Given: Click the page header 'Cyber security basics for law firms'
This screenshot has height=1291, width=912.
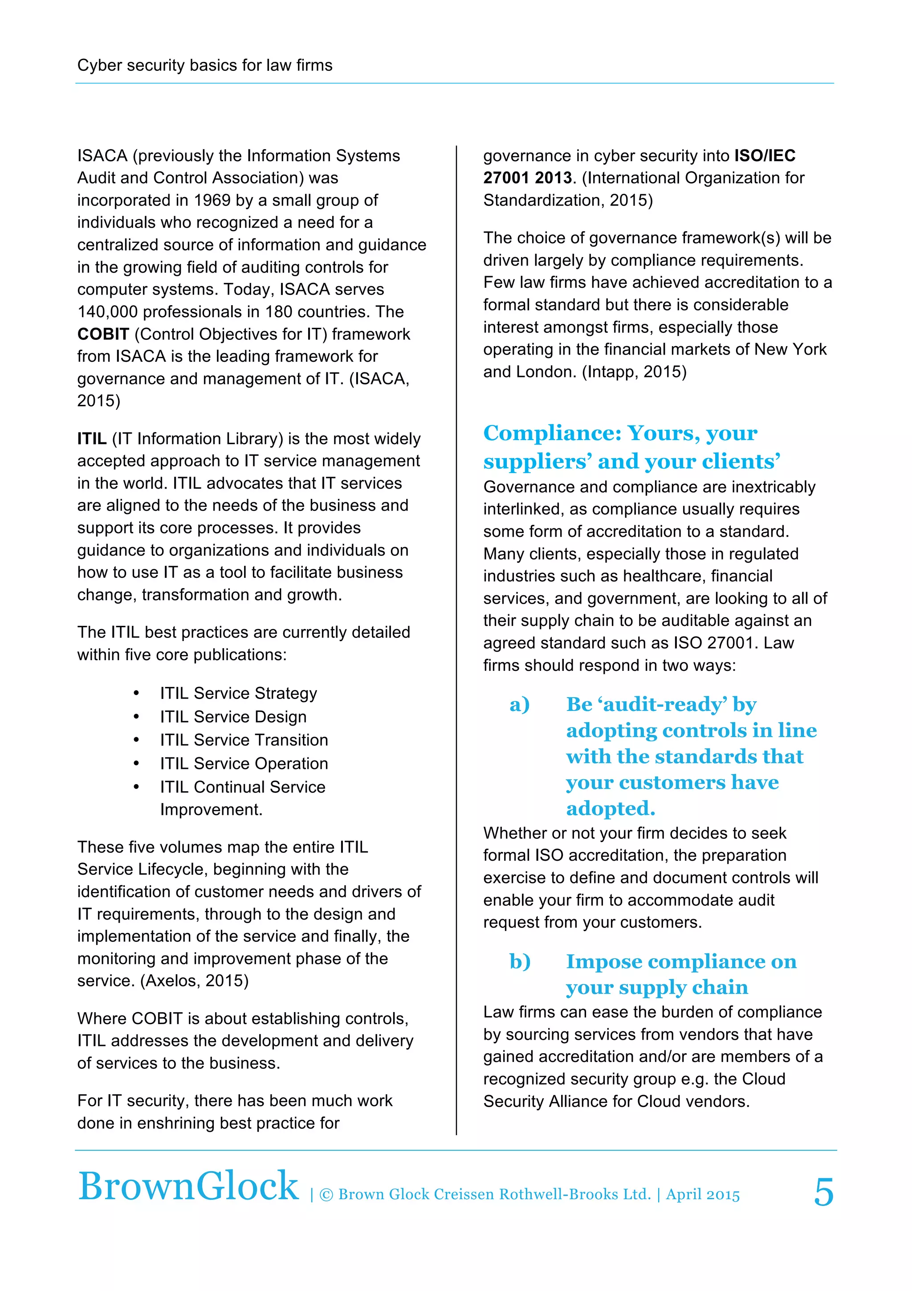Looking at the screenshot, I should point(204,65).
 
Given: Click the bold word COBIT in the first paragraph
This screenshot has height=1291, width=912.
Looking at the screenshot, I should point(103,334).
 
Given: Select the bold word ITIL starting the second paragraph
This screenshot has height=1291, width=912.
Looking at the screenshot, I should point(92,439).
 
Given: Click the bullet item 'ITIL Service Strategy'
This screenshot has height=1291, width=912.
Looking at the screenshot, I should point(238,693).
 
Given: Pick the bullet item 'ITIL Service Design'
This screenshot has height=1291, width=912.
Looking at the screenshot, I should point(233,717).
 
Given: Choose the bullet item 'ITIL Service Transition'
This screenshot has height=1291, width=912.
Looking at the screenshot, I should point(244,740).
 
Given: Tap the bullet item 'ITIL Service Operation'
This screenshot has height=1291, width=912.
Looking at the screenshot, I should point(244,764).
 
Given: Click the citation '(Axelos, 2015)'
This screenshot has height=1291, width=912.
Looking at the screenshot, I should point(195,981).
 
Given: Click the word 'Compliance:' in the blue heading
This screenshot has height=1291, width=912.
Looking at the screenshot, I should point(552,433).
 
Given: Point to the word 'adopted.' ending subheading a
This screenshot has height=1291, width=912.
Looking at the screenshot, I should point(610,809).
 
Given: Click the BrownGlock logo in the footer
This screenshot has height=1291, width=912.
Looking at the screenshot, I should point(188,1186).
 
